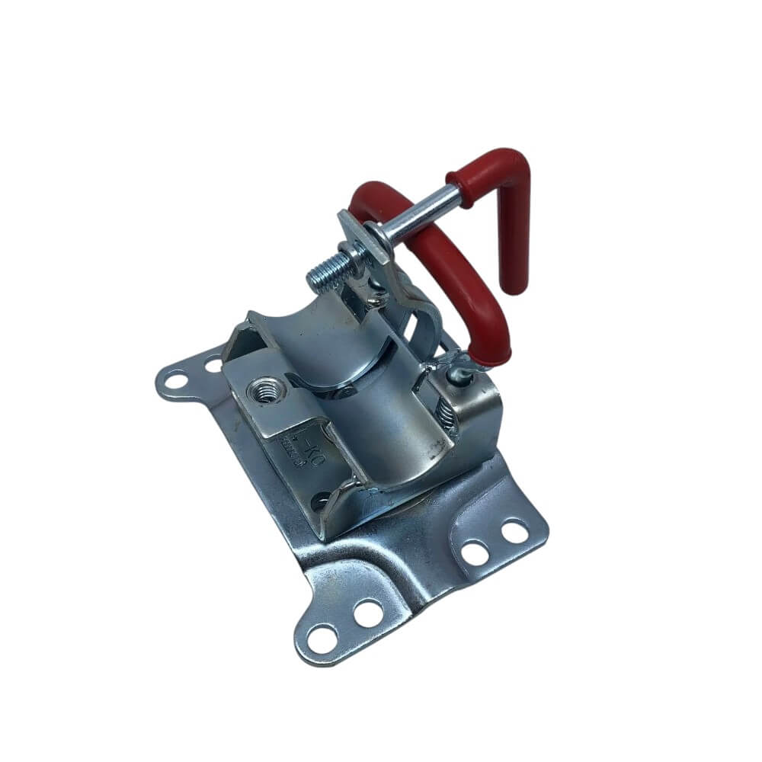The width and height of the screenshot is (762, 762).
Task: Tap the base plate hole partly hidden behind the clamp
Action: (213, 365)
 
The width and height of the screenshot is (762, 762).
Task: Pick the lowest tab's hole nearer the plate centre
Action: (369, 612)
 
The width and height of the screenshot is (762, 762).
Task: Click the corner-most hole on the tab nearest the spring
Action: (516, 531)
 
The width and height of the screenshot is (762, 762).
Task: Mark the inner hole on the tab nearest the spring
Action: (475, 552)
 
